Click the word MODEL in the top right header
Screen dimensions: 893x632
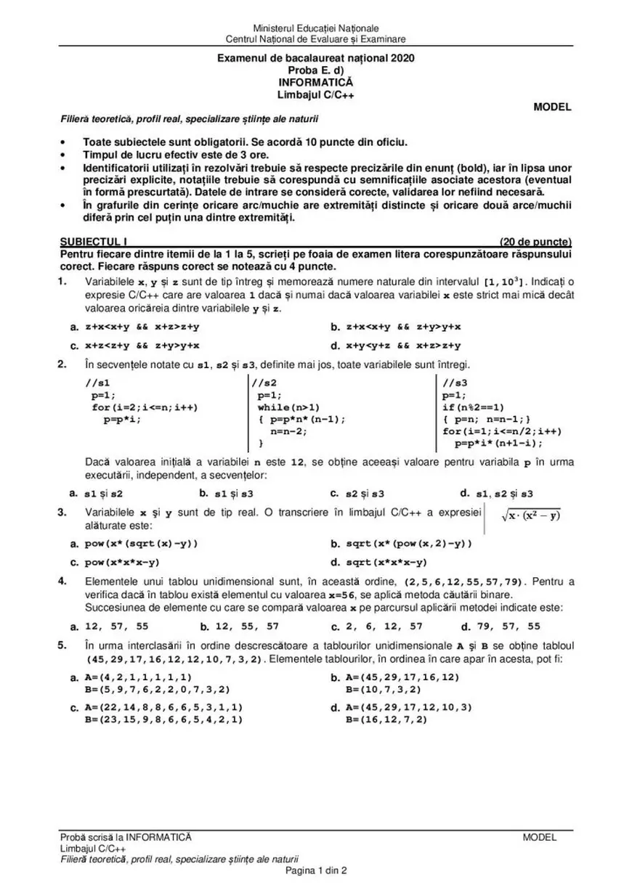pyautogui.click(x=552, y=107)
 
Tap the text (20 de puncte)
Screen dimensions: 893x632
pyautogui.click(x=535, y=242)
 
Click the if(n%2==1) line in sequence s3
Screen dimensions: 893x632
pyautogui.click(x=473, y=407)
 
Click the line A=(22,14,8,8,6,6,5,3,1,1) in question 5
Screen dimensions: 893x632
pyautogui.click(x=163, y=706)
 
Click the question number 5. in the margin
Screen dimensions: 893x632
pyautogui.click(x=65, y=645)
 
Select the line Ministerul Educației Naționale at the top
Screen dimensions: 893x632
pyautogui.click(x=315, y=28)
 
